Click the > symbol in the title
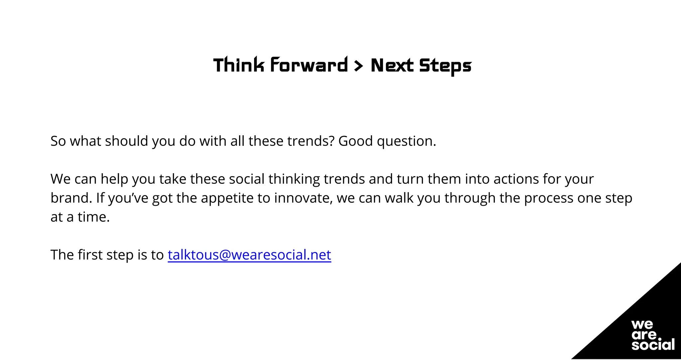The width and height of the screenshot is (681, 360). point(358,65)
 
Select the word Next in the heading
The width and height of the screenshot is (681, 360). point(392,65)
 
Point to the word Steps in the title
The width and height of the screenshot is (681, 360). point(445,66)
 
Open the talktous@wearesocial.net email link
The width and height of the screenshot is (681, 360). point(249,255)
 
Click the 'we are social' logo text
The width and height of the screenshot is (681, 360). point(653,335)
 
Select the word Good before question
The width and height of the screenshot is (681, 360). point(355,141)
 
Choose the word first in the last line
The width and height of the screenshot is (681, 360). point(90,255)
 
